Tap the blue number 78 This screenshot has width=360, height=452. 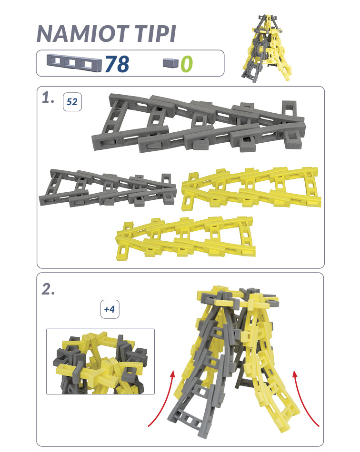tap(117, 64)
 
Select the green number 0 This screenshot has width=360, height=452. tap(187, 64)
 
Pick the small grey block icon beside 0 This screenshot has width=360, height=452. tap(171, 63)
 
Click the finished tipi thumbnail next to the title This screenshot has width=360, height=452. tap(266, 48)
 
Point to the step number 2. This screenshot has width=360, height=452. tap(48, 289)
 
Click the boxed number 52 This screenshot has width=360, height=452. tap(72, 102)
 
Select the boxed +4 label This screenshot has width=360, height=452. tap(110, 309)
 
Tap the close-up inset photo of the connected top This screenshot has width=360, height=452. tap(100, 362)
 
